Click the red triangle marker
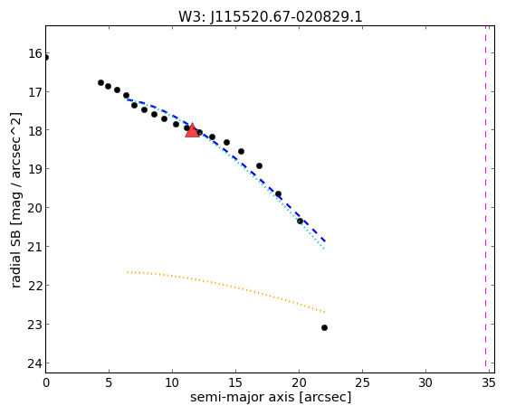[192, 130]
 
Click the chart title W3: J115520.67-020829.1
[271, 17]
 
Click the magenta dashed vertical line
[485, 199]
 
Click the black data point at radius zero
[46, 58]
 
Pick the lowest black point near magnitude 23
[324, 327]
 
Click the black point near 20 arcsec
[300, 221]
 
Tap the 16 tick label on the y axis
[35, 53]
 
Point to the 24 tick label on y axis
[35, 363]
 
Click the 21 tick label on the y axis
[35, 247]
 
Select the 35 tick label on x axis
[488, 382]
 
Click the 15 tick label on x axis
[235, 382]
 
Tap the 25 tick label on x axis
[362, 382]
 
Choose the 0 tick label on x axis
[46, 382]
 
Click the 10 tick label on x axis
[172, 382]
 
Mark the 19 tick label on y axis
[35, 169]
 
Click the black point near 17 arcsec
[259, 165]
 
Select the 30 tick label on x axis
[425, 382]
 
